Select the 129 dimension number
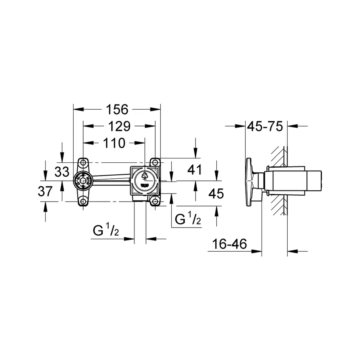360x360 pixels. pyautogui.click(x=119, y=126)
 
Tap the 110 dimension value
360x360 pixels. pyautogui.click(x=114, y=143)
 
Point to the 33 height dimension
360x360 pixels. pyautogui.click(x=62, y=172)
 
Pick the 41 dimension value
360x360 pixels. pyautogui.click(x=194, y=170)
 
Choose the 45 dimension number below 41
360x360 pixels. pyautogui.click(x=216, y=194)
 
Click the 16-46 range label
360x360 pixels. pyautogui.click(x=229, y=244)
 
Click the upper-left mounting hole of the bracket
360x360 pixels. pyautogui.click(x=83, y=163)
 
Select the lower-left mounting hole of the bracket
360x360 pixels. pyautogui.click(x=83, y=201)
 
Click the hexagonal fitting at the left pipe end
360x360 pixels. pyautogui.click(x=82, y=182)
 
